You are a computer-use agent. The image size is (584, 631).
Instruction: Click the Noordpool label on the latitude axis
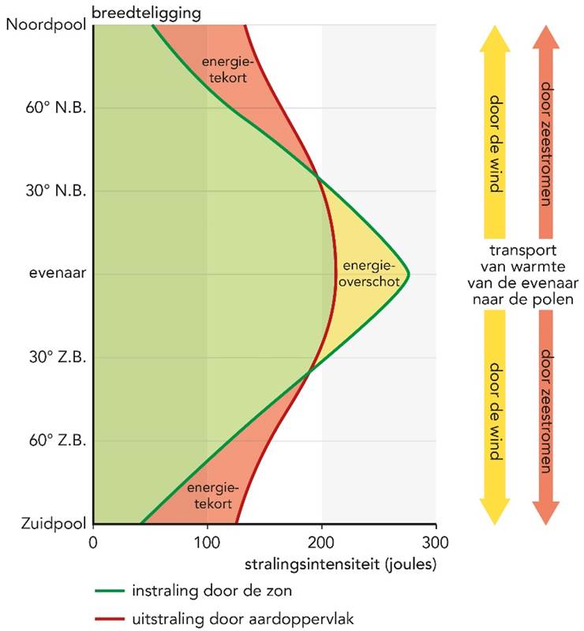coord(44,24)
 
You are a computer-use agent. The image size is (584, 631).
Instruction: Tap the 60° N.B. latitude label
coord(54,107)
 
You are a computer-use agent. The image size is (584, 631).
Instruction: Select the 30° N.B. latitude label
coord(54,191)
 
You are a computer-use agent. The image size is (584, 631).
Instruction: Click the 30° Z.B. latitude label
coord(55,357)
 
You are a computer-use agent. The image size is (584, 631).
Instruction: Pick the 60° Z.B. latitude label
coord(55,440)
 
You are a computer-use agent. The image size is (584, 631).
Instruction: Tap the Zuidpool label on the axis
coord(46,523)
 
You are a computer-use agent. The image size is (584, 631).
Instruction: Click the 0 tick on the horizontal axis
coord(93,542)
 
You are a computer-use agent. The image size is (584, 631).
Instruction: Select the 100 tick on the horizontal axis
coord(207,542)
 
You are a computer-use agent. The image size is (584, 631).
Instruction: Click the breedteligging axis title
coord(145,12)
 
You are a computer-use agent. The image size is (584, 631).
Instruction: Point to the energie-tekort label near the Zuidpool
coord(209,496)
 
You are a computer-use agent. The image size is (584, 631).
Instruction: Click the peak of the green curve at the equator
coord(408,274)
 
